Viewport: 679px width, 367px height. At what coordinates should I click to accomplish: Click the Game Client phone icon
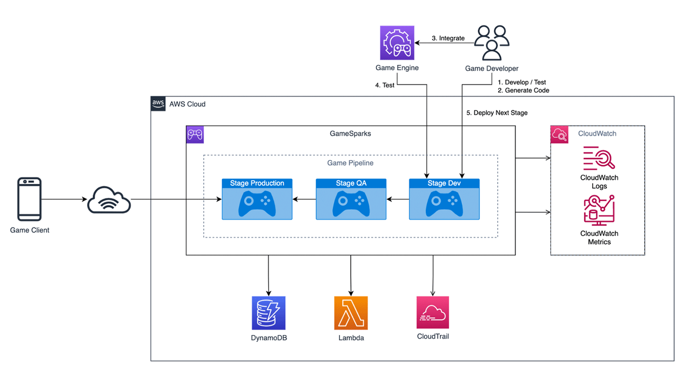pos(30,199)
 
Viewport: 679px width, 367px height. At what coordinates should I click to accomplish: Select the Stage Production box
pos(257,199)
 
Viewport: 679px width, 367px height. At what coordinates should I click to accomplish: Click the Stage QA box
pos(351,199)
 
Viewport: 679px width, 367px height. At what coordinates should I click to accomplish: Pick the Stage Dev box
pos(444,199)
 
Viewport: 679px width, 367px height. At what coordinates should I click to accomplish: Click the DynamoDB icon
pos(269,313)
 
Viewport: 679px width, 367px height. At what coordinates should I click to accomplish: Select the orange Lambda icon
pos(351,313)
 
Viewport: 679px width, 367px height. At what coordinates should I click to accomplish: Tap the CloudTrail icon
pos(433,313)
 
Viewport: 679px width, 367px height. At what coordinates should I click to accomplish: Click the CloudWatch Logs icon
pos(599,158)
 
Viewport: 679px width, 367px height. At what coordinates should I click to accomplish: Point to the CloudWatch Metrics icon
pos(599,210)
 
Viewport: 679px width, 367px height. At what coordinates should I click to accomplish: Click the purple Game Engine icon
pos(397,43)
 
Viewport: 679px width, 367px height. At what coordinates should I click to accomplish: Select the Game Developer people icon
pos(491,43)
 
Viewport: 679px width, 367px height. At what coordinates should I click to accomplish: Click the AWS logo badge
pos(158,103)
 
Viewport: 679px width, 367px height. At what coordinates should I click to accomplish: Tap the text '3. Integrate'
pos(448,38)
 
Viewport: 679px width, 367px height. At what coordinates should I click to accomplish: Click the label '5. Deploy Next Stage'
pos(497,112)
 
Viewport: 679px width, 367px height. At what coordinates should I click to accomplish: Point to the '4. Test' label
pos(385,85)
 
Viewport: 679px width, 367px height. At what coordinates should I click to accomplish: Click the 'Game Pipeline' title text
pos(350,163)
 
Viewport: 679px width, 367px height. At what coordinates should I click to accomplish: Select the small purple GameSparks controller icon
pos(195,134)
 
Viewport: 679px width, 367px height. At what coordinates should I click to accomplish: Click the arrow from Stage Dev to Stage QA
pos(398,199)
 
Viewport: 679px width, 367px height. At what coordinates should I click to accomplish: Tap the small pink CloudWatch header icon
pos(559,134)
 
